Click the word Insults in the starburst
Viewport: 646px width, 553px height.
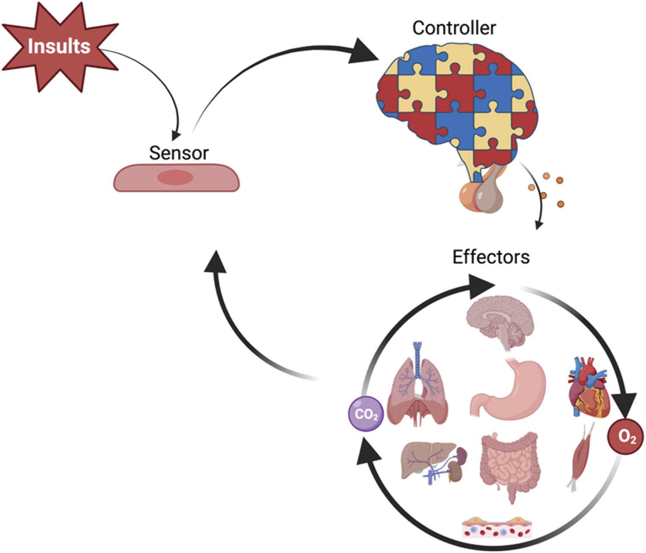pos(59,46)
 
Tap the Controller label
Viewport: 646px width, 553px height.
pos(454,28)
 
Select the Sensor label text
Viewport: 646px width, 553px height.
pos(179,153)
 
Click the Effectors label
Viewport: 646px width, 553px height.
pos(491,257)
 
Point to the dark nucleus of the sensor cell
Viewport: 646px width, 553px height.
pos(175,177)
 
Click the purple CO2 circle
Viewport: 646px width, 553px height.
pos(366,414)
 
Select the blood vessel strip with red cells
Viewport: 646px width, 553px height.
pos(497,528)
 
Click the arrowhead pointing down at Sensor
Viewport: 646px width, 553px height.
pos(176,133)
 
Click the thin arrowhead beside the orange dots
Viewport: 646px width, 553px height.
pos(538,224)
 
